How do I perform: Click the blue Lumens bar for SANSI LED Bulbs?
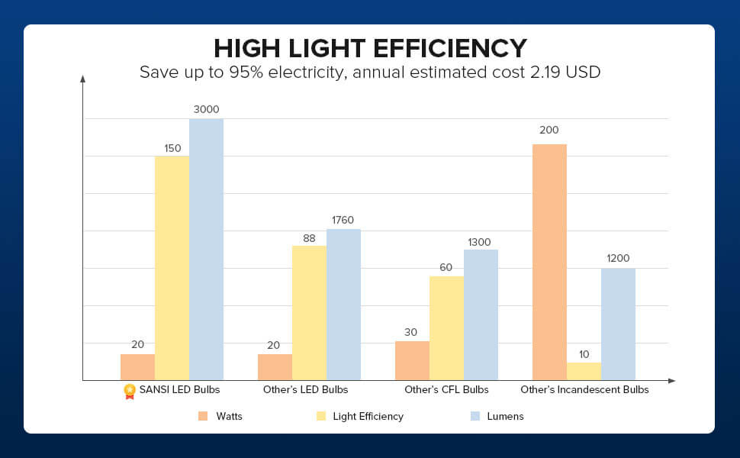(206, 249)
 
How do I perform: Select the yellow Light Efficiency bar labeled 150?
(172, 268)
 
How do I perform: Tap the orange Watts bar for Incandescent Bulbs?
(549, 262)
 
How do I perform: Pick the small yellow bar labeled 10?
(584, 371)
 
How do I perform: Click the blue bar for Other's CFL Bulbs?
(481, 314)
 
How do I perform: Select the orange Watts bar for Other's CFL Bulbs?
(412, 360)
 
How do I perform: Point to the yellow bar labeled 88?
(309, 313)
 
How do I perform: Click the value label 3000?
(206, 109)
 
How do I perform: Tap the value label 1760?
(343, 220)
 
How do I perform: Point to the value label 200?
(549, 131)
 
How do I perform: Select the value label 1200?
(618, 258)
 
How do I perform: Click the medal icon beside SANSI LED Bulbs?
(130, 391)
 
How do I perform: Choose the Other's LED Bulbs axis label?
(305, 390)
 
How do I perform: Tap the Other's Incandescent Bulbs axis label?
(584, 390)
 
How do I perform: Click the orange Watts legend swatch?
(203, 416)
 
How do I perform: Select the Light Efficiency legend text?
(368, 416)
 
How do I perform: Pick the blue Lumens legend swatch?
(475, 416)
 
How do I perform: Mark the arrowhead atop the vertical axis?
(83, 77)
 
